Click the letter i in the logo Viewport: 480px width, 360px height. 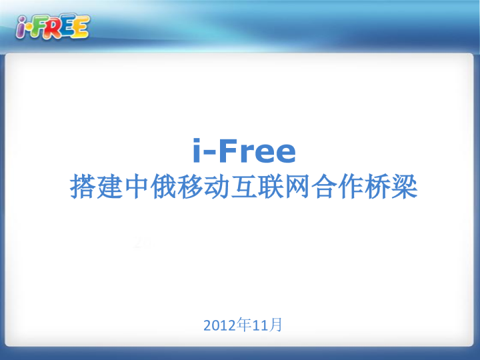coord(23,28)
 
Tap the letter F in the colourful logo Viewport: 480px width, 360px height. coord(41,28)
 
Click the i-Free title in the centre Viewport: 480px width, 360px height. coord(243,151)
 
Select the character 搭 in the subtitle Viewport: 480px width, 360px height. coord(83,187)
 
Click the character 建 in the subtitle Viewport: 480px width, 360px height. coord(110,187)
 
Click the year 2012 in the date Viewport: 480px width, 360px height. coord(219,326)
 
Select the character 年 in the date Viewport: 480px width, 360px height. coord(244,325)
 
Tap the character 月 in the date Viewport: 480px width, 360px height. coord(277,325)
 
